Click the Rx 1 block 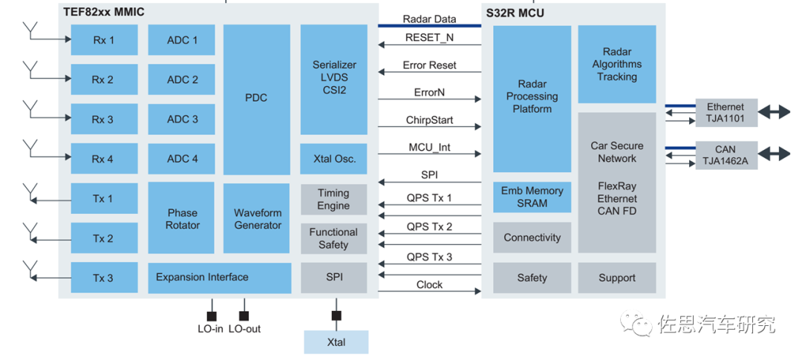click(104, 40)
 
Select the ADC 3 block click(182, 119)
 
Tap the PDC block click(256, 99)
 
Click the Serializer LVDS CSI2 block click(333, 78)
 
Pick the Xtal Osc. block click(333, 159)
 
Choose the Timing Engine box click(333, 200)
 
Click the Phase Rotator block click(182, 219)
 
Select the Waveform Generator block click(256, 219)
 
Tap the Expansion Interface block click(219, 278)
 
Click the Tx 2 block click(104, 238)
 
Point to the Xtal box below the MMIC click(336, 342)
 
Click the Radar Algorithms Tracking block click(616, 65)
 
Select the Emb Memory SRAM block click(532, 197)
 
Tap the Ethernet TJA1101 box click(725, 113)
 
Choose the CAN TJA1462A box click(725, 154)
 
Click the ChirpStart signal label click(429, 120)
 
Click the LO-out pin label click(244, 329)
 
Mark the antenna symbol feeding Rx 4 click(30, 147)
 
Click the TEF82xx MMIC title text click(103, 12)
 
